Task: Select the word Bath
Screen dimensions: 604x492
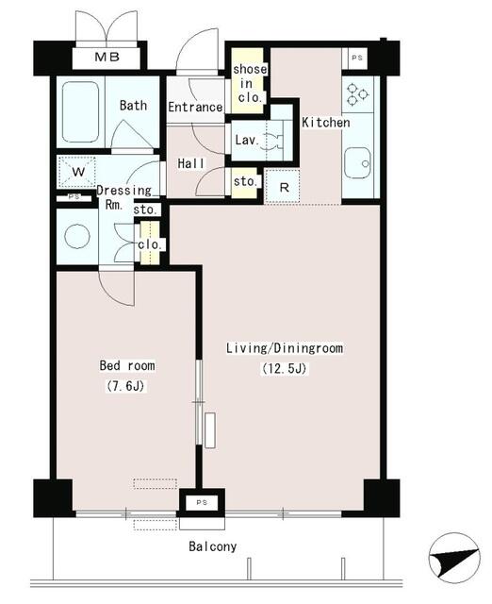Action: [133, 106]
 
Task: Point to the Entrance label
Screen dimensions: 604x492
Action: [195, 108]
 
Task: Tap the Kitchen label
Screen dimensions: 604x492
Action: [326, 123]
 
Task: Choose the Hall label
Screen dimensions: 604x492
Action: [192, 164]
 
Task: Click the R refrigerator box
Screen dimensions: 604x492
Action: [284, 185]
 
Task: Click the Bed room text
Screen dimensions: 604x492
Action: [127, 365]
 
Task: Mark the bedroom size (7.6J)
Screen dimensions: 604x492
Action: [127, 386]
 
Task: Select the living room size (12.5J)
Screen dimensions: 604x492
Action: [284, 369]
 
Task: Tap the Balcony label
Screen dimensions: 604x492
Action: [213, 546]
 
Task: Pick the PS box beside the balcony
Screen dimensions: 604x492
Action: [201, 503]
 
